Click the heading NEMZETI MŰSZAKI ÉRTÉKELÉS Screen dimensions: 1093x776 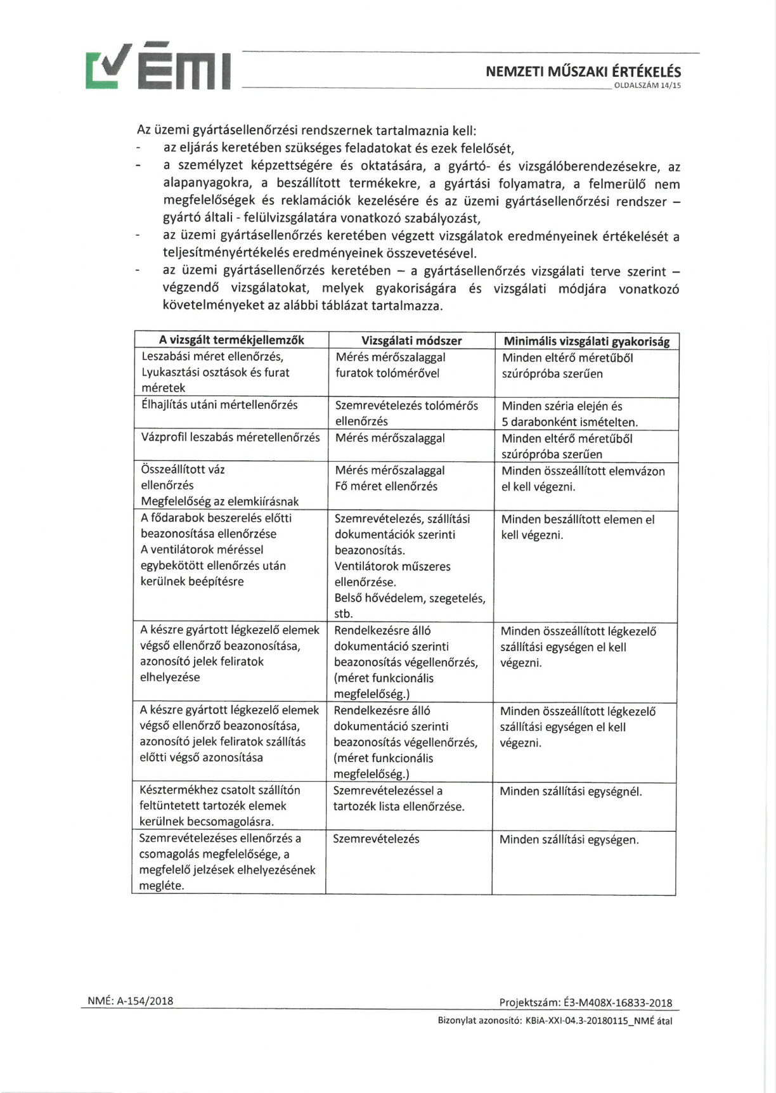pyautogui.click(x=583, y=72)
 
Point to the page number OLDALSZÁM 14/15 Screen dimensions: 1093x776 pyautogui.click(x=647, y=86)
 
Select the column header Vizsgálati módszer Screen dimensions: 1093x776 pyautogui.click(x=411, y=340)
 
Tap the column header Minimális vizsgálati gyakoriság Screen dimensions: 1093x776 pyautogui.click(x=586, y=341)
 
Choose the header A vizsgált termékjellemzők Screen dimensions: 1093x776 pyautogui.click(x=231, y=340)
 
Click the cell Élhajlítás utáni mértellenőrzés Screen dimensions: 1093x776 pyautogui.click(x=219, y=404)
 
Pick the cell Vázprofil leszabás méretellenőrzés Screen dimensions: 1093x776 pyautogui.click(x=230, y=437)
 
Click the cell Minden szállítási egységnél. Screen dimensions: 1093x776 pyautogui.click(x=571, y=791)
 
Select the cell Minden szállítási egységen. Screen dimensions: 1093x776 pyautogui.click(x=569, y=839)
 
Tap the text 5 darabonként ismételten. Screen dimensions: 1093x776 pyautogui.click(x=569, y=422)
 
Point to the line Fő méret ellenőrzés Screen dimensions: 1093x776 pyautogui.click(x=386, y=486)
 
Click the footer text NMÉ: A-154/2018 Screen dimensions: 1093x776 pyautogui.click(x=131, y=1001)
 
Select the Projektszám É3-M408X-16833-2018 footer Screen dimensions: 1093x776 pyautogui.click(x=585, y=1002)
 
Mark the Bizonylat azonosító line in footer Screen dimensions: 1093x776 pyautogui.click(x=555, y=1021)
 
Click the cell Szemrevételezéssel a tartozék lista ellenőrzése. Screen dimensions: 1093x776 pyautogui.click(x=398, y=799)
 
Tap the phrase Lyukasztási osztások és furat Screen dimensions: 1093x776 pyautogui.click(x=215, y=372)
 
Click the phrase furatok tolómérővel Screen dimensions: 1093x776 pyautogui.click(x=387, y=373)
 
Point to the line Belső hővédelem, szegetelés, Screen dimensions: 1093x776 pyautogui.click(x=410, y=598)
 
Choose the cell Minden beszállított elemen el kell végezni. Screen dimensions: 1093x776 pyautogui.click(x=577, y=527)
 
